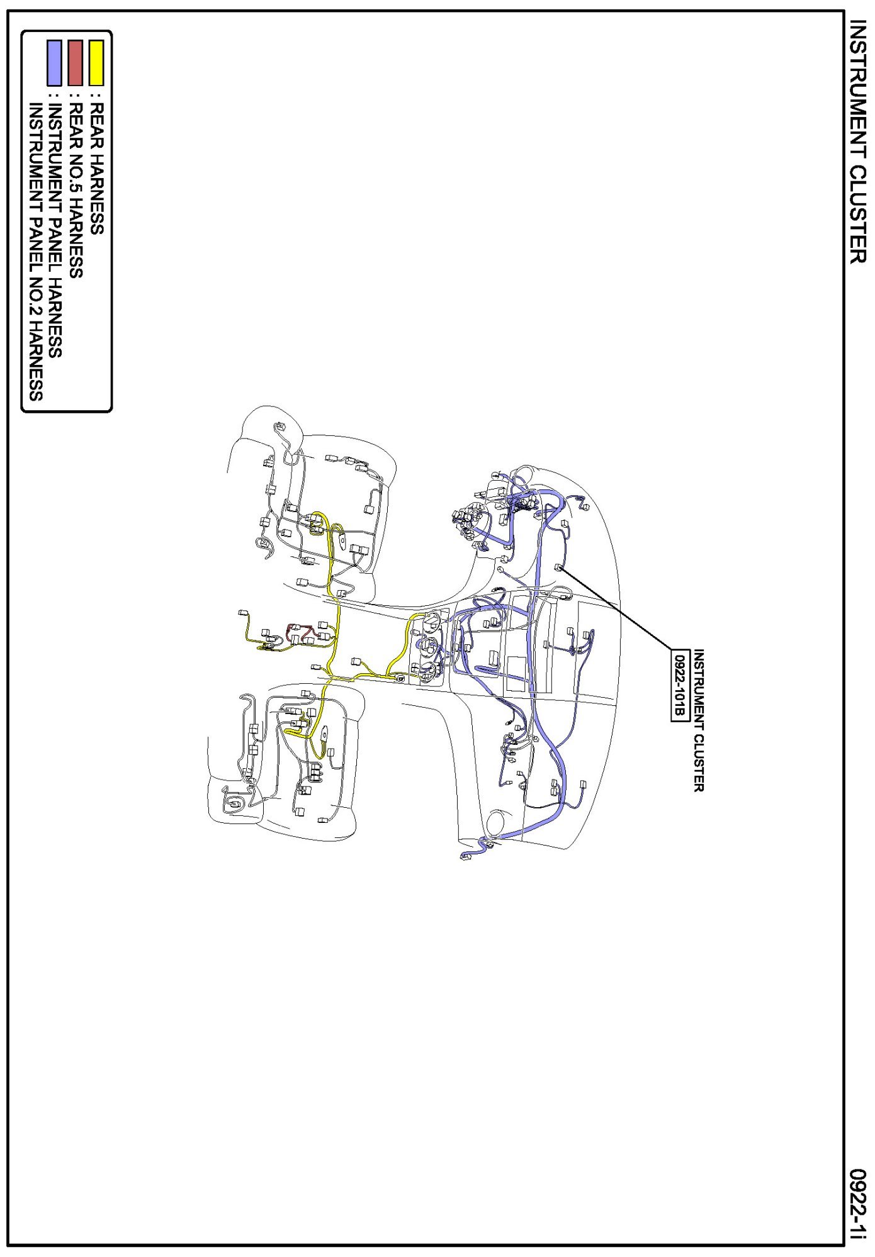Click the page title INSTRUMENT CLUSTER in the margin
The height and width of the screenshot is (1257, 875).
pos(858,141)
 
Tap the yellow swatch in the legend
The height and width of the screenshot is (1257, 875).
pos(96,63)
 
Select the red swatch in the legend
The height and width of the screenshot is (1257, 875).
pos(75,63)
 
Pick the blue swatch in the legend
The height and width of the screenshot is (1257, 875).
pos(54,63)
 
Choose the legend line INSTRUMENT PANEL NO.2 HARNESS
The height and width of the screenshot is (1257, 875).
pos(35,252)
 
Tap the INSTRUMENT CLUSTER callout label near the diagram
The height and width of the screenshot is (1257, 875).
pos(697,720)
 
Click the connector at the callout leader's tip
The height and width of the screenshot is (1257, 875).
pos(558,567)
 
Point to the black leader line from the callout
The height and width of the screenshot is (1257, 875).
pos(616,608)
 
